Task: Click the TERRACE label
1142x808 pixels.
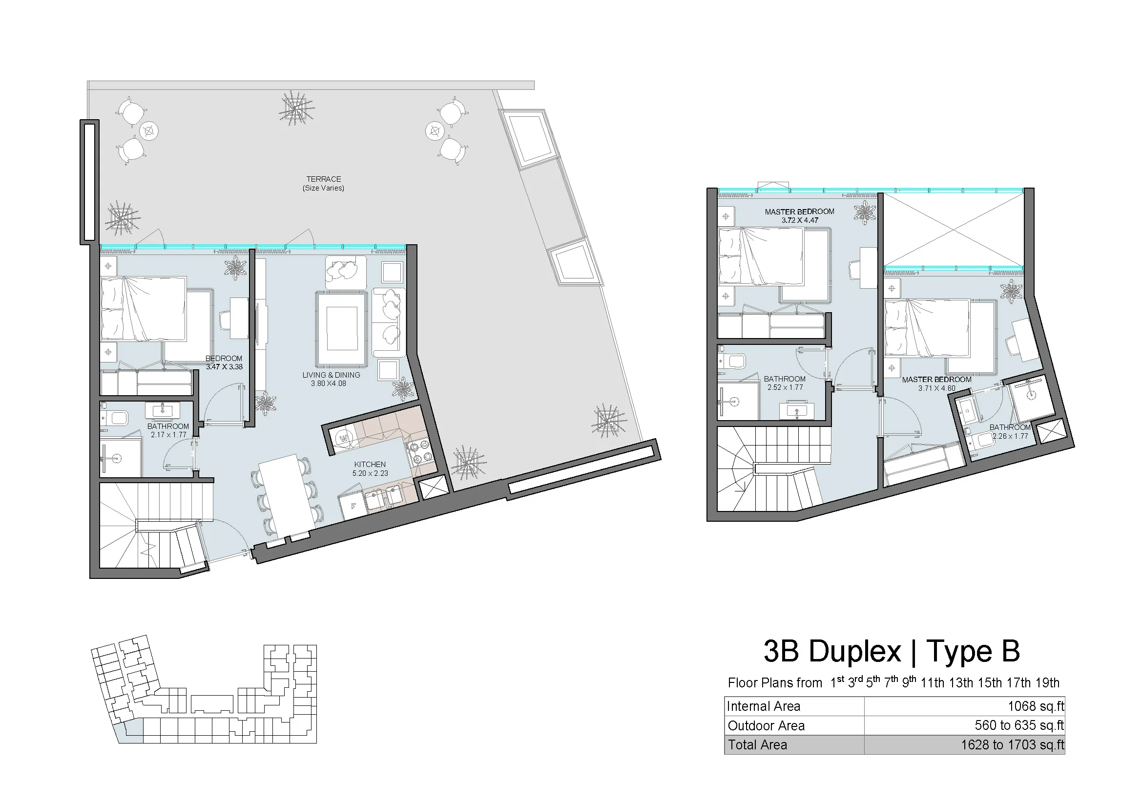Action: (323, 179)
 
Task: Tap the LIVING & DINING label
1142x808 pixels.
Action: (331, 375)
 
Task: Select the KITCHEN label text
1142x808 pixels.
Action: (370, 465)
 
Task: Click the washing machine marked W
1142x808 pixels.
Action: (343, 438)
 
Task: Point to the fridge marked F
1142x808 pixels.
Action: (353, 506)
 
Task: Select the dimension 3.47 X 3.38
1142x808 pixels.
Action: (224, 367)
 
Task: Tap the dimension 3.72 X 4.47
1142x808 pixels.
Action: (800, 220)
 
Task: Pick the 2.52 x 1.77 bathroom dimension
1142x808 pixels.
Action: (785, 387)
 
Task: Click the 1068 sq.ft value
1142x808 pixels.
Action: (1036, 706)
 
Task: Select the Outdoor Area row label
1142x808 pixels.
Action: (767, 726)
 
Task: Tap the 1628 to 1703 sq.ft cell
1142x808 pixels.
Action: (1013, 745)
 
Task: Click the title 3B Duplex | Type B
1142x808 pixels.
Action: (892, 651)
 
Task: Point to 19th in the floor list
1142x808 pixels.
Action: (1047, 682)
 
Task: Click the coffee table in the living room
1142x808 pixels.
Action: (342, 329)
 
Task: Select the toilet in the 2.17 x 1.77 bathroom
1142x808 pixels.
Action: (115, 418)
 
